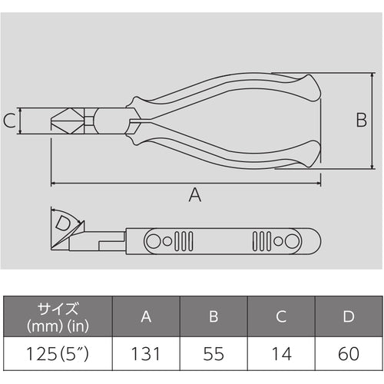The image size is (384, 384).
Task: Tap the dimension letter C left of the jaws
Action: click(x=8, y=121)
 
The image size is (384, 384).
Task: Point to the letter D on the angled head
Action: click(x=65, y=224)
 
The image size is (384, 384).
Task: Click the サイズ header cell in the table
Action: click(x=57, y=316)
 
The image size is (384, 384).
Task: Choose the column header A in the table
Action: click(x=146, y=316)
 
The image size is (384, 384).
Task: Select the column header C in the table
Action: click(x=281, y=316)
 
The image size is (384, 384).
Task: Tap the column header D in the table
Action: click(x=348, y=316)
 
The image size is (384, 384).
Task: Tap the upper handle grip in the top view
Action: click(x=230, y=91)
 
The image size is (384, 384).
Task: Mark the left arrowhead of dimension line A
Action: click(x=55, y=184)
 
